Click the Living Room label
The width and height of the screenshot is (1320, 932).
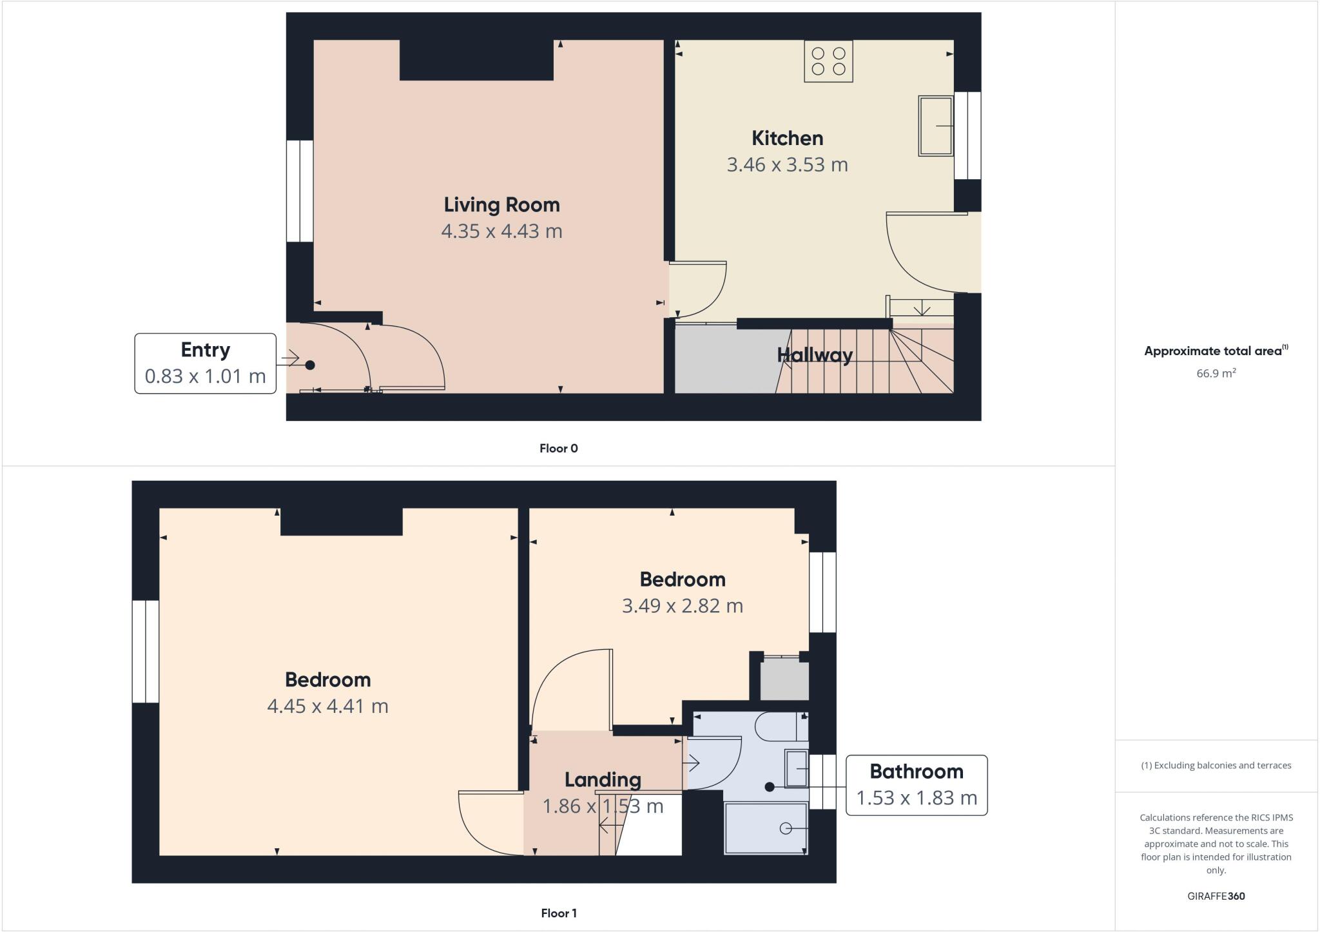[501, 205]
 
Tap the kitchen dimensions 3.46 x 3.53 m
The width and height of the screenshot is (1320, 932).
[787, 165]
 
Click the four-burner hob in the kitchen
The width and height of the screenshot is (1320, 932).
[828, 61]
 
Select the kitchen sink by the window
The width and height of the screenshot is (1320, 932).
[935, 126]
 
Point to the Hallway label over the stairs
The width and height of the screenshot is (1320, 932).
[815, 355]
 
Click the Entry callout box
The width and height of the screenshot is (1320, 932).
[205, 363]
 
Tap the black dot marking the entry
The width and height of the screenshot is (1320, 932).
[310, 365]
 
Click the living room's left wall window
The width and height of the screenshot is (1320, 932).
[300, 191]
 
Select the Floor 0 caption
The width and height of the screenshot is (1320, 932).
[558, 449]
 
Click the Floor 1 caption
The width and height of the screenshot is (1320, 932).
[558, 913]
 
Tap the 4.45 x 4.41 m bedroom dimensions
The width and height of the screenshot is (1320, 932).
[327, 706]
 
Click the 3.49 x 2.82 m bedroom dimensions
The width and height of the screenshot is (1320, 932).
[682, 607]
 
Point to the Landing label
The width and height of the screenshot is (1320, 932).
[603, 780]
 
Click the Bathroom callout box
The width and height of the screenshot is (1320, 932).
[916, 785]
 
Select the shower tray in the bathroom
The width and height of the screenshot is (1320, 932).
[766, 828]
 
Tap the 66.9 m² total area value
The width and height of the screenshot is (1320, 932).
[1216, 373]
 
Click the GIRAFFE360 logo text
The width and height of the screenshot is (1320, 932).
[1216, 896]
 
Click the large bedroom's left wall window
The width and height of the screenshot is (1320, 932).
[146, 651]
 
